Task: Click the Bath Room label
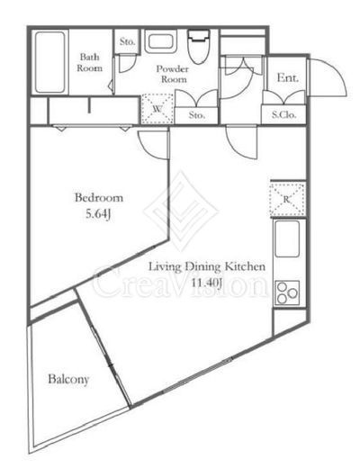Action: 89,62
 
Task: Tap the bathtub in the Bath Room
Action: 50,62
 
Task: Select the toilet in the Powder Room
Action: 198,46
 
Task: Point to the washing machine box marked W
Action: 157,109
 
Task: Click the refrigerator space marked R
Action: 287,199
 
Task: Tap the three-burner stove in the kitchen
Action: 287,292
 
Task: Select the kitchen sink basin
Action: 287,238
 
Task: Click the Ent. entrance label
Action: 288,78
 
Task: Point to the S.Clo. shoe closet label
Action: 283,114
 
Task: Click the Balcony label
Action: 68,380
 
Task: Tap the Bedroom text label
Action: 99,198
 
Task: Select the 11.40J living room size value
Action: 207,283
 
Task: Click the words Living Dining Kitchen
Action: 207,266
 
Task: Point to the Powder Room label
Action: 173,74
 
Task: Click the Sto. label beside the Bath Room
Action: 128,41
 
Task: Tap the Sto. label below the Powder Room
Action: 197,114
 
